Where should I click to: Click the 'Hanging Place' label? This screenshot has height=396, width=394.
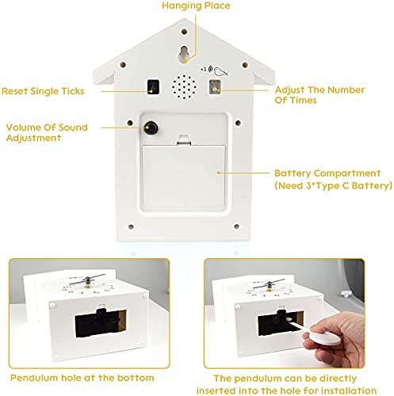[196, 6]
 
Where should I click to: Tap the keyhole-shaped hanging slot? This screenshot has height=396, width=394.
[185, 54]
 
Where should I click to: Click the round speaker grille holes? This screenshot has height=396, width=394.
[184, 87]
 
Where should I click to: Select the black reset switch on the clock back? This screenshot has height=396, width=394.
[153, 86]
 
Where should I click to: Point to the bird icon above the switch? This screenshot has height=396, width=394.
[220, 71]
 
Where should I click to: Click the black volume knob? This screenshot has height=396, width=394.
[151, 128]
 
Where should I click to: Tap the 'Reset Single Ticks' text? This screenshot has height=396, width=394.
[43, 91]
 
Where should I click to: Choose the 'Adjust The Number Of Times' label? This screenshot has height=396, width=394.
[319, 95]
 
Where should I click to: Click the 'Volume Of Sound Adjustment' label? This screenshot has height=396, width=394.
[47, 132]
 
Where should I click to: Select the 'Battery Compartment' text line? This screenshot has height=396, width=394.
[327, 173]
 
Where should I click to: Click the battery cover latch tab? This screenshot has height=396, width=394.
[184, 140]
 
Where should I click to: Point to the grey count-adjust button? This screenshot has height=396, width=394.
[215, 87]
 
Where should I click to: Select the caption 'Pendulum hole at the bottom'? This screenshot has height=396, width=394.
[82, 378]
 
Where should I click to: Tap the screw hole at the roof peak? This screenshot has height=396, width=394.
[184, 32]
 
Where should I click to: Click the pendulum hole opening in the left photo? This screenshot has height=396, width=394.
[101, 323]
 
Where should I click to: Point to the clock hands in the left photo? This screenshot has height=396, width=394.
[87, 280]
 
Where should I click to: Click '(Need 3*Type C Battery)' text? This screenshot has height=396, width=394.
[333, 185]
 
